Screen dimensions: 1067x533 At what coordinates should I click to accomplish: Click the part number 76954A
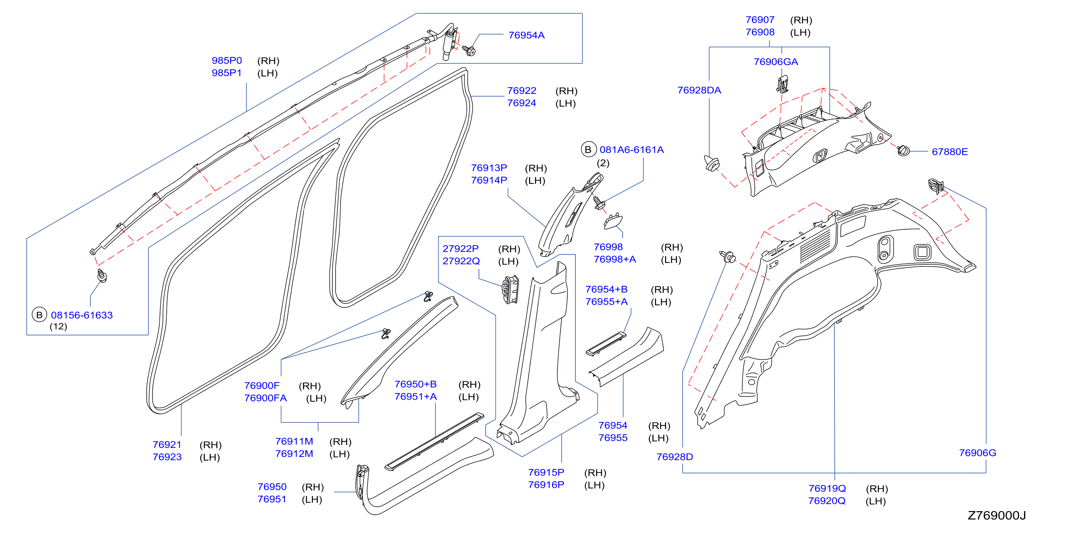coord(526,35)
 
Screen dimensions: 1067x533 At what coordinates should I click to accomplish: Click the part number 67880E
coord(949,152)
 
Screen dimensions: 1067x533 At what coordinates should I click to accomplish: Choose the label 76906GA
coord(776,62)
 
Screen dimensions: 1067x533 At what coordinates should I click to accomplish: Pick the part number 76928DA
coord(699,91)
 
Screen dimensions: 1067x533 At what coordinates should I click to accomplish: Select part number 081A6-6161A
coord(631,150)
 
